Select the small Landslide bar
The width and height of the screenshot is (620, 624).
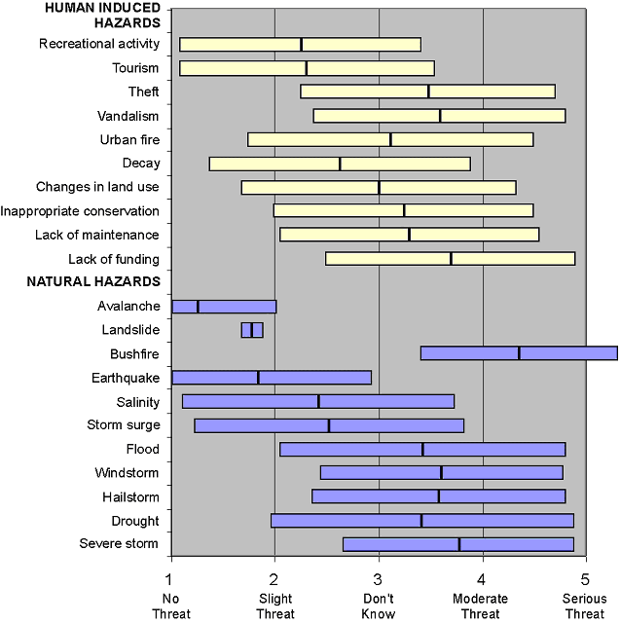252,330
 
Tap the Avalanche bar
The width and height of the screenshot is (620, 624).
224,307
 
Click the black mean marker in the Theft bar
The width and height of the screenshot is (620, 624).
428,92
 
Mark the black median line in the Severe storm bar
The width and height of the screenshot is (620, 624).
459,544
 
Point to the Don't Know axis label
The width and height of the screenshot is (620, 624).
380,607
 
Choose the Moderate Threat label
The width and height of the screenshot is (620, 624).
483,607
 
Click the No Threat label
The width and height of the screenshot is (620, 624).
171,607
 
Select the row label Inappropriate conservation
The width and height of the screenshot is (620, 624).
80,211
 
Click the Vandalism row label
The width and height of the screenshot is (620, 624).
128,116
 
